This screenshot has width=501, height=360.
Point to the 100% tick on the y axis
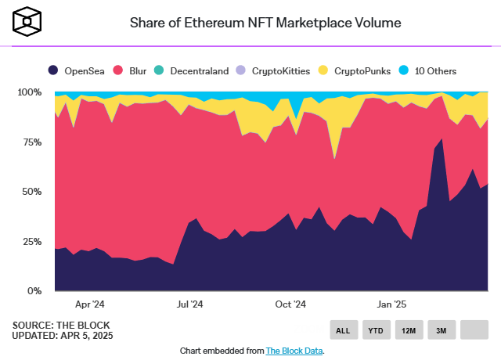coord(29,92)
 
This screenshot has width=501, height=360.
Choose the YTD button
coord(376,330)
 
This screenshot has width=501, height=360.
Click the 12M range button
coord(409,330)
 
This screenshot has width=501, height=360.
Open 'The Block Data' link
coord(294,351)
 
